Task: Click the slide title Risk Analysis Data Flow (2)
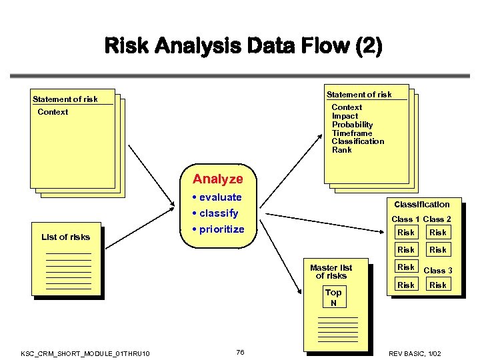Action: coord(243,46)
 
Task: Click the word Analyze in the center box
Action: coord(218,179)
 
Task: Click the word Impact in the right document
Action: coord(345,116)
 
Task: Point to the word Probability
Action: coord(352,125)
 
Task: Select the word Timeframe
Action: coord(352,133)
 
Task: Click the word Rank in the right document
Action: coord(341,150)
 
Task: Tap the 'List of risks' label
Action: coord(65,237)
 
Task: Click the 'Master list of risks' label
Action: coord(331,272)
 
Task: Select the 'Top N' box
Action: coord(333,297)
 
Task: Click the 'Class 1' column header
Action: coord(405,219)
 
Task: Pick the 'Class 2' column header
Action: coord(437,219)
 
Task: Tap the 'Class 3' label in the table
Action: coord(438,270)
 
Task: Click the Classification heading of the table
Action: coord(421,205)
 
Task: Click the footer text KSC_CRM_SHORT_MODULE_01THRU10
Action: coord(85,353)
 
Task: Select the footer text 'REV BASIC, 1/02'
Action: coord(415,353)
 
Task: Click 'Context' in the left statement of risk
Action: coord(53,112)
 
